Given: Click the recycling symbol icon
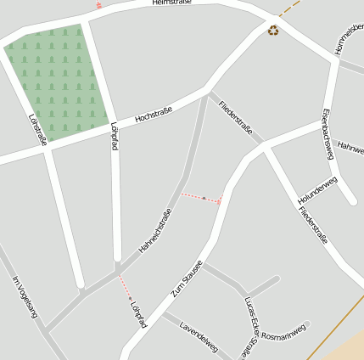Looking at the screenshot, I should (273, 31).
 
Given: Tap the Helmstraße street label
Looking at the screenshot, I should (172, 3).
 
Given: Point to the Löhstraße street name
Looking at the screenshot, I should (37, 129).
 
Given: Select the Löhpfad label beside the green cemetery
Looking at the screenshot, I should (114, 136).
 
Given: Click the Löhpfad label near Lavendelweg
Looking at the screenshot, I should (139, 312).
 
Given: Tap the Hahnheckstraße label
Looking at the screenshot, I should (160, 230).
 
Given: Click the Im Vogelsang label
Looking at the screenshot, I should (25, 297).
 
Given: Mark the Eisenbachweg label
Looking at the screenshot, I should (328, 133).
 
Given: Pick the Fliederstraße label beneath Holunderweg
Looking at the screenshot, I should (313, 224).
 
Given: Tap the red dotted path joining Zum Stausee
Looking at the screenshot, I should (201, 198).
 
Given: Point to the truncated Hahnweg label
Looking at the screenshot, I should (350, 148).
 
